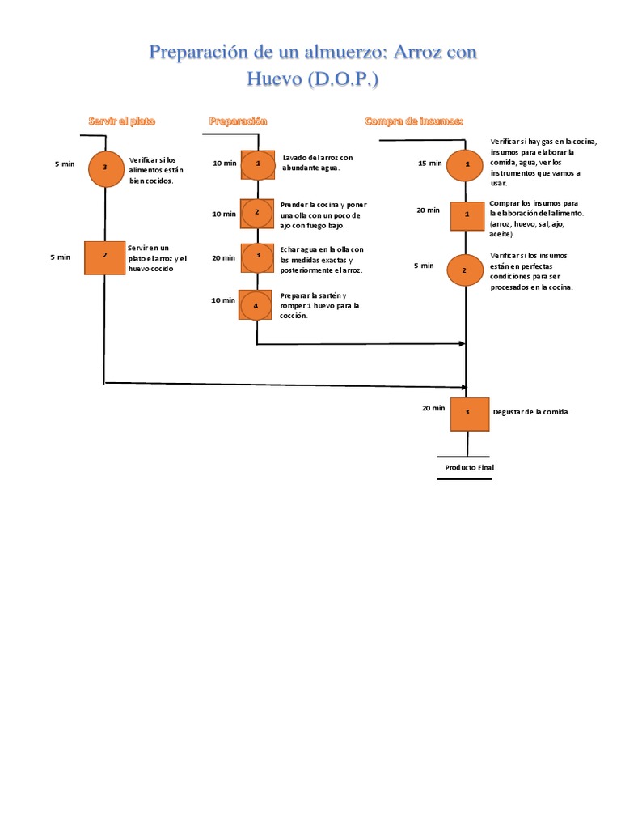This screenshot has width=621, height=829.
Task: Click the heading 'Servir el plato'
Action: point(121,121)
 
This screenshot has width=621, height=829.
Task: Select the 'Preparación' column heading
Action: point(238,121)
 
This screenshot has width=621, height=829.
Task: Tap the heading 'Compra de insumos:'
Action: point(414,121)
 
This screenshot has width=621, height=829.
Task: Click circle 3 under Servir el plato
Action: point(105,168)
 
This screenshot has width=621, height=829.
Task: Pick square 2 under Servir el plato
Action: point(105,257)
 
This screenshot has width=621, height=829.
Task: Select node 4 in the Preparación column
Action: point(257,305)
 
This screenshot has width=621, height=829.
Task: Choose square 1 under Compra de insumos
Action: point(467,215)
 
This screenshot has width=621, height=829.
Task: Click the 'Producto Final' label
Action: point(469,468)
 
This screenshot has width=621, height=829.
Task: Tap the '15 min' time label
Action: point(430,164)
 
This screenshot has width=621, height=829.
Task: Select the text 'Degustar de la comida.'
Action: point(532,413)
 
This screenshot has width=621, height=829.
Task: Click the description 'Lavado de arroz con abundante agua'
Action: point(317,162)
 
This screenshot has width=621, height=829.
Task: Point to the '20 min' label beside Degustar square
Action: point(433,409)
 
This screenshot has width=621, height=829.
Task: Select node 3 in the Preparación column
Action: point(257,256)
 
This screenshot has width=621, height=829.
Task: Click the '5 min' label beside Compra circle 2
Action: point(424,266)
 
